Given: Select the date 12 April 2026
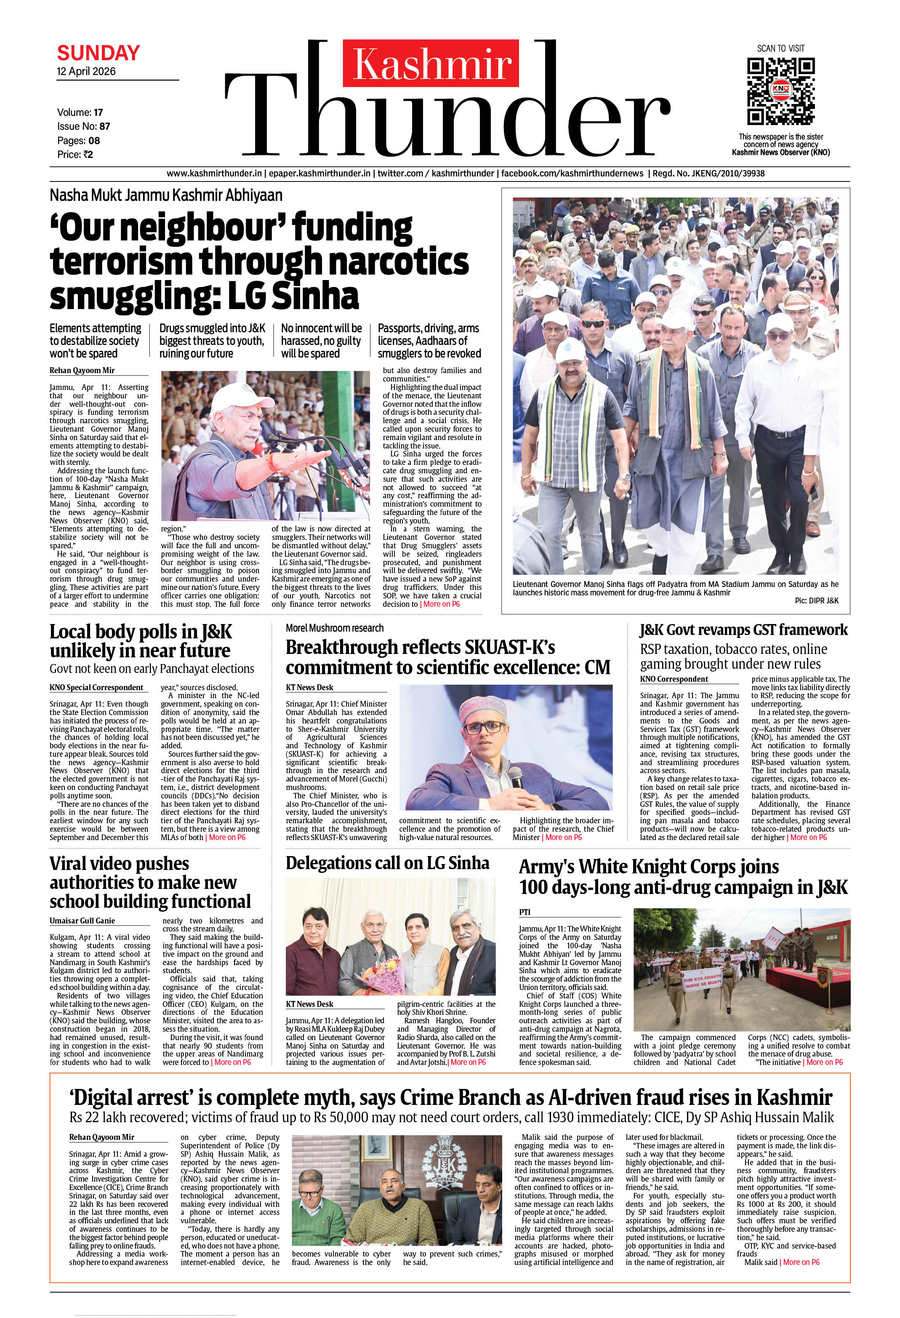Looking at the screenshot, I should tap(86, 72).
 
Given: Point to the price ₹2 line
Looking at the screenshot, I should tap(75, 154).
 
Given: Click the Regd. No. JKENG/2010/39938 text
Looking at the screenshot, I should tap(708, 173).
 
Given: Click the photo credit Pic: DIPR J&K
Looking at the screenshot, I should tap(816, 600).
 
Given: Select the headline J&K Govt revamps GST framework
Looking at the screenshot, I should tap(743, 630).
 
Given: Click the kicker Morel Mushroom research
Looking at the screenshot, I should tap(335, 628).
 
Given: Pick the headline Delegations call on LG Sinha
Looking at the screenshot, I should tap(387, 863).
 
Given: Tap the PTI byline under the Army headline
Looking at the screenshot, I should tap(525, 912).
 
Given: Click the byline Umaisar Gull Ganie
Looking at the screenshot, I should tap(82, 920).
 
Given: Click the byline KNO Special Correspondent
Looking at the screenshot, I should tap(96, 687).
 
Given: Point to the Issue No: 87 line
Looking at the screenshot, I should tap(83, 126).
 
